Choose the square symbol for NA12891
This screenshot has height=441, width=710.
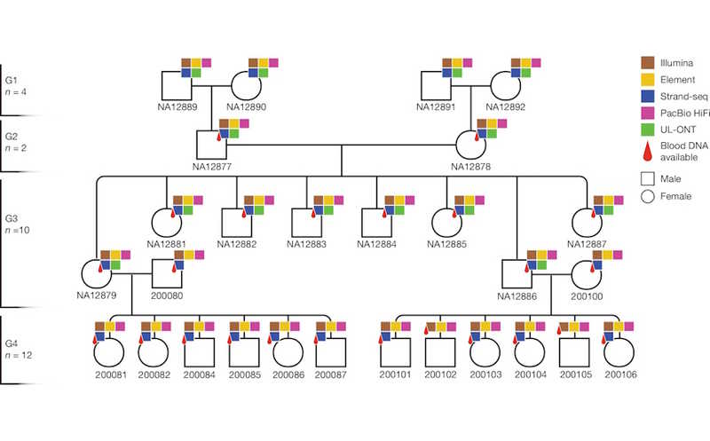pyautogui.click(x=437, y=86)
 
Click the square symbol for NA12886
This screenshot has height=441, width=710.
pyautogui.click(x=516, y=274)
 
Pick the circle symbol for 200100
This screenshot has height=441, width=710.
pyautogui.click(x=584, y=274)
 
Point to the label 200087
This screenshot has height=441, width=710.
pyautogui.click(x=331, y=375)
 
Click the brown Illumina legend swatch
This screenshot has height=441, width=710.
pyautogui.click(x=648, y=62)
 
